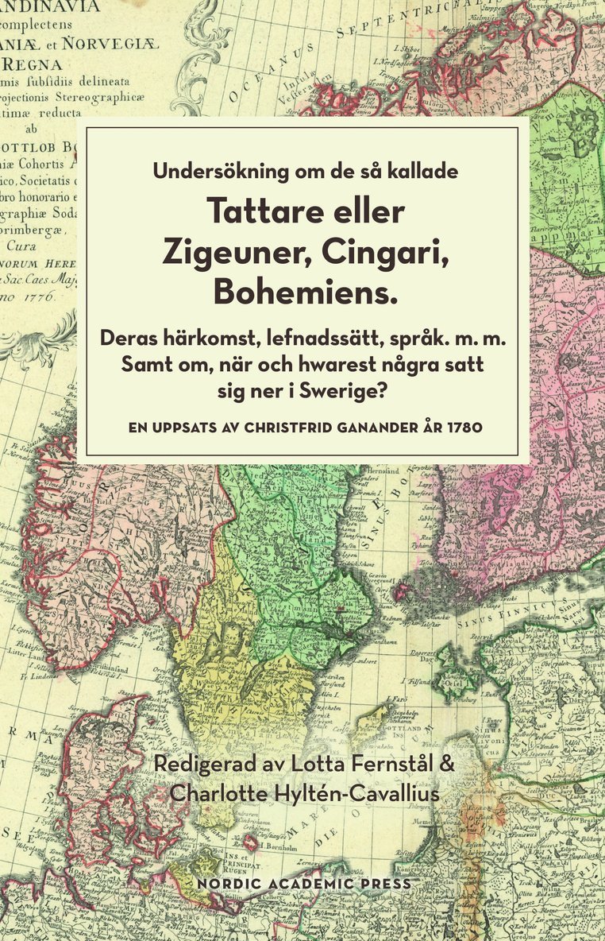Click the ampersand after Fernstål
pos(447,765)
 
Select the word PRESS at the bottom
pos(388,884)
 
